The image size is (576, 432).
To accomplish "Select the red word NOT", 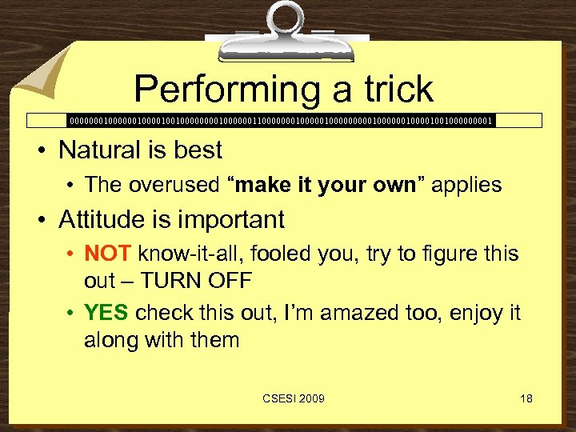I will pyautogui.click(x=108, y=254).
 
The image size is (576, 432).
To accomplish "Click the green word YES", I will pyautogui.click(x=106, y=312).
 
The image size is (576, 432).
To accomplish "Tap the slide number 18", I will pyautogui.click(x=526, y=398).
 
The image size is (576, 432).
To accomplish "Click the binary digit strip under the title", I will pyautogui.click(x=281, y=121).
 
